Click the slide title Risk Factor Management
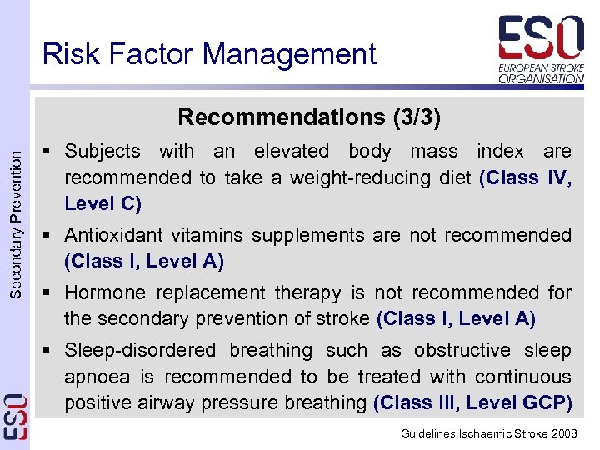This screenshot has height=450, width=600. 209,55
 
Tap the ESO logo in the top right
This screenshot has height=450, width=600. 541,49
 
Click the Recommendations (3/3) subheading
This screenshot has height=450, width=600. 309,117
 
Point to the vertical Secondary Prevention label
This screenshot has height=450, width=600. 15,216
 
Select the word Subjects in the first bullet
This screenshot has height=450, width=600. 102,152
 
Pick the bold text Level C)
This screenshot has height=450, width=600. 103,203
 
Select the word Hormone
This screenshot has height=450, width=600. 104,293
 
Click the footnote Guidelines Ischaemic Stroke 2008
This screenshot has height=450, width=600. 489,434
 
